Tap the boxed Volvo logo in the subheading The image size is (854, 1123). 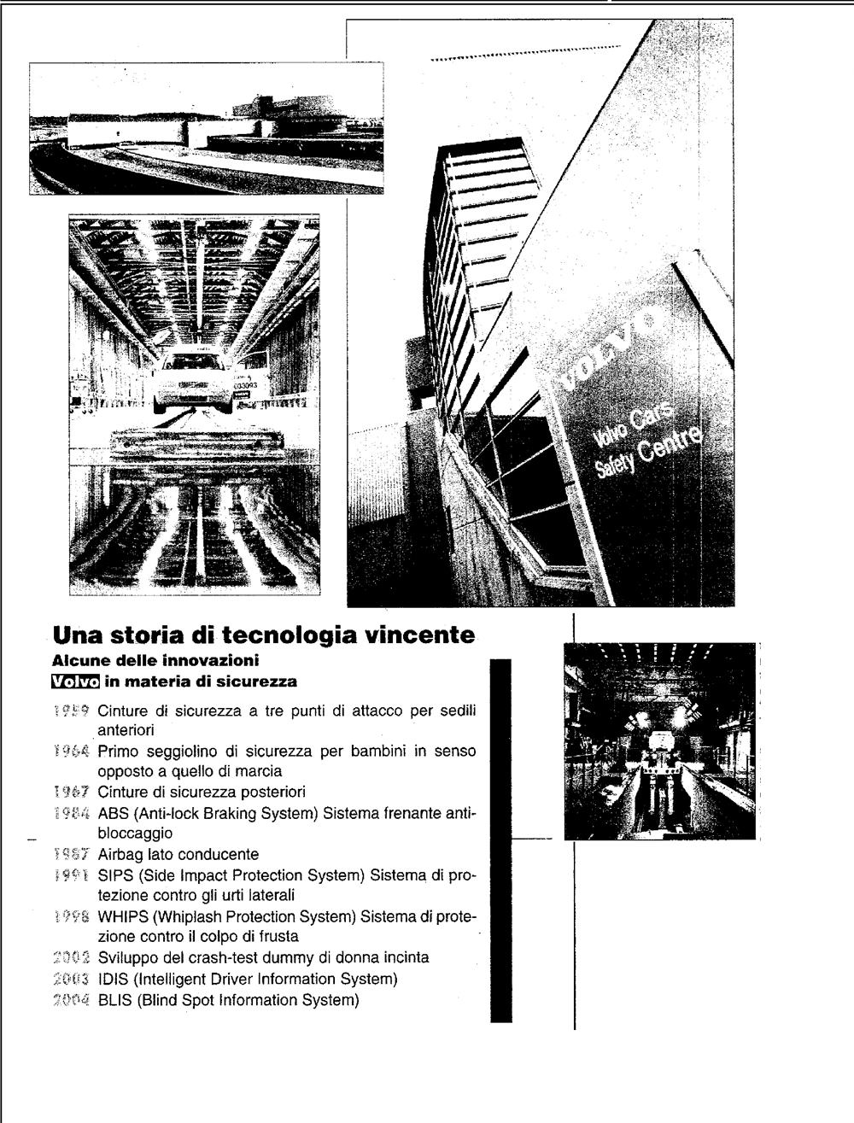(x=75, y=681)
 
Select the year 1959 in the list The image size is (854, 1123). (x=73, y=711)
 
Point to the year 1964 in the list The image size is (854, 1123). (x=73, y=752)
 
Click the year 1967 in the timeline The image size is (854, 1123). (x=73, y=793)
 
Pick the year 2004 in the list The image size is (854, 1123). (x=73, y=1000)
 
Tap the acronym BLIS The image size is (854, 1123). (x=114, y=1000)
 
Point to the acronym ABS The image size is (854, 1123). (x=113, y=813)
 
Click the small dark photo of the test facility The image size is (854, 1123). (x=660, y=741)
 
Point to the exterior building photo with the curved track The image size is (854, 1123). (x=206, y=129)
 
